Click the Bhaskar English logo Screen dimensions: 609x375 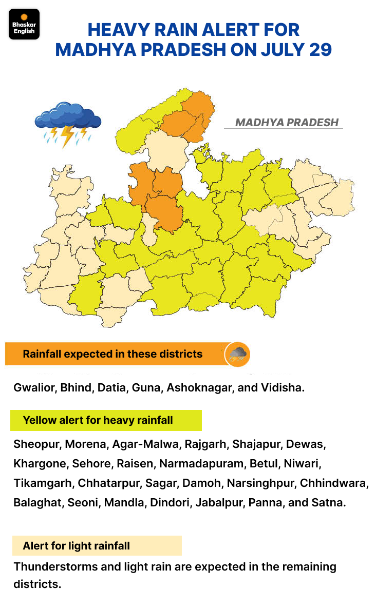click(24, 24)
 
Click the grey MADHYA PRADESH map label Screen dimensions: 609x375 click(287, 123)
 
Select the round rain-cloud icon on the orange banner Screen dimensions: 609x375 click(238, 354)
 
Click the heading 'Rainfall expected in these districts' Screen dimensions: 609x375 click(113, 354)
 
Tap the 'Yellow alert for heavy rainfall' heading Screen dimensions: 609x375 click(98, 420)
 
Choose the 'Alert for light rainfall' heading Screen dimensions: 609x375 click(76, 546)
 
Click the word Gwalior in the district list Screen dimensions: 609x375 click(34, 387)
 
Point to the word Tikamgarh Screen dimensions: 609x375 click(43, 483)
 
